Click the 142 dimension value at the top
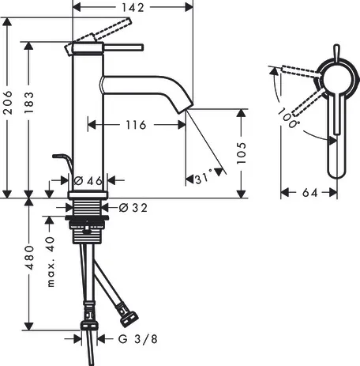point(133,8)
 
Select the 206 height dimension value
point(8,102)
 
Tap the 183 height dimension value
point(29,103)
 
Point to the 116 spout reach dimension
point(136,125)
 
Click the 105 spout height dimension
point(241,153)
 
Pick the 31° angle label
point(204,178)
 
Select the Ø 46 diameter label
point(88,181)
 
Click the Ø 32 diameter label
point(133,208)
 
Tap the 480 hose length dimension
point(29,258)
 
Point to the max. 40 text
point(51,262)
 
